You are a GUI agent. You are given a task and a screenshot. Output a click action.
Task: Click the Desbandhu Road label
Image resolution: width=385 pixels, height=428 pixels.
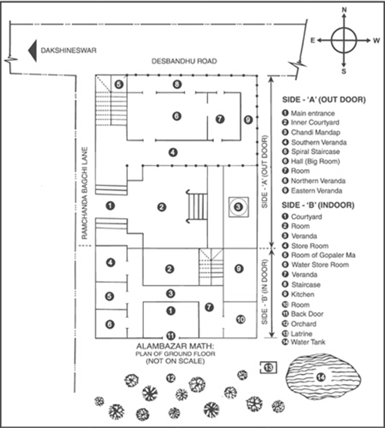click(x=184, y=61)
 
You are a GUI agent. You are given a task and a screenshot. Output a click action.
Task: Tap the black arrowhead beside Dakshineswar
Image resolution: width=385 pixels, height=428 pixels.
click(x=33, y=51)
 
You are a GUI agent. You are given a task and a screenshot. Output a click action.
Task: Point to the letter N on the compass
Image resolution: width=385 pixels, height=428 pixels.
click(x=344, y=10)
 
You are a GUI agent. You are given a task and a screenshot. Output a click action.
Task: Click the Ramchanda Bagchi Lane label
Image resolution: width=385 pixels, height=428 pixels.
click(x=85, y=193)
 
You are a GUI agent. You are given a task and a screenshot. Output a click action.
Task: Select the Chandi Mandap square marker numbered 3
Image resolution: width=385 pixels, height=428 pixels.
click(x=239, y=207)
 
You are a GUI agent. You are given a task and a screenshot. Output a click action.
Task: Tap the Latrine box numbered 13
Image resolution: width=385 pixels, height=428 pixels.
click(x=269, y=368)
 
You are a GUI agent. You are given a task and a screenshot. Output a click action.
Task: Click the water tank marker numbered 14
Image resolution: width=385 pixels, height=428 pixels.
click(x=320, y=377)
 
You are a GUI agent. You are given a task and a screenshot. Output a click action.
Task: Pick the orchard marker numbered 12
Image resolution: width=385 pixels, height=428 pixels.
click(x=171, y=378)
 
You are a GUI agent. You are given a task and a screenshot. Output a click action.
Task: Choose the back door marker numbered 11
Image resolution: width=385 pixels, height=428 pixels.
click(x=171, y=335)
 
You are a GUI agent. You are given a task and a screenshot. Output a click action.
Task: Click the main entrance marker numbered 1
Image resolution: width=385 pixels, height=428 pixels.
click(x=110, y=206)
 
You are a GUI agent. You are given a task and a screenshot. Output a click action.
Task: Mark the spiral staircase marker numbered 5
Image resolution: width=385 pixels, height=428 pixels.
click(x=119, y=85)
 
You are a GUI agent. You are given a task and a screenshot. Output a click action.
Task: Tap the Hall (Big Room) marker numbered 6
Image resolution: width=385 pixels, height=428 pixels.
click(x=177, y=116)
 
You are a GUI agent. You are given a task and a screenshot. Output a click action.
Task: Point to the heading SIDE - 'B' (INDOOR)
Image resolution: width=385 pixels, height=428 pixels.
click(x=318, y=205)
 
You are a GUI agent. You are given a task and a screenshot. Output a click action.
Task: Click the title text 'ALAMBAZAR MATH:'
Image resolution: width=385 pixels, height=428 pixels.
click(x=176, y=346)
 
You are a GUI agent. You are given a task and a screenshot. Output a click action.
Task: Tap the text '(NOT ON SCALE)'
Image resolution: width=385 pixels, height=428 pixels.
click(x=176, y=361)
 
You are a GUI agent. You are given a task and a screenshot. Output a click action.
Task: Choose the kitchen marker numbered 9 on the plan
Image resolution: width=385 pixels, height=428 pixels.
click(x=239, y=269)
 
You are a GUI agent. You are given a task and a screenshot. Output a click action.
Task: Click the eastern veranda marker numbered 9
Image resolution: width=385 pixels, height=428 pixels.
click(x=248, y=119)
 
